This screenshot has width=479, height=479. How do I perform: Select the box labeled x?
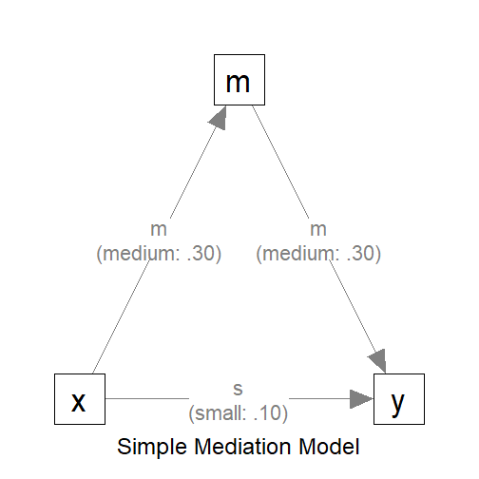(x=79, y=399)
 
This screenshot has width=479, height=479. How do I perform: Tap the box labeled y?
(x=399, y=399)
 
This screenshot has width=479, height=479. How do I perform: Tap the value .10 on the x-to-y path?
(x=271, y=413)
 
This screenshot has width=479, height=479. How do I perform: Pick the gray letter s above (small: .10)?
(x=239, y=390)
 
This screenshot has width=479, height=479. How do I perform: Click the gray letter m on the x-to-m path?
(x=159, y=230)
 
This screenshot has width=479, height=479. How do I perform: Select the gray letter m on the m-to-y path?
(x=319, y=230)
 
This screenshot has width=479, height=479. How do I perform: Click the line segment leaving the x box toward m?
(x=124, y=314)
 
